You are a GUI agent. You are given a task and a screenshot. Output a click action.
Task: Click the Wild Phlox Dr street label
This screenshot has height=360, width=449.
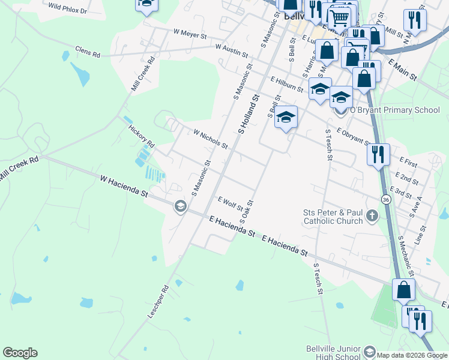coord(67,8)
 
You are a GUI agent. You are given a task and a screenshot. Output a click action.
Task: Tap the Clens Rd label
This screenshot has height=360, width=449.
coord(87,52)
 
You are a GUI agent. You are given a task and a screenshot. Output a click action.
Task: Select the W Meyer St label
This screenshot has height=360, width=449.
coord(189,32)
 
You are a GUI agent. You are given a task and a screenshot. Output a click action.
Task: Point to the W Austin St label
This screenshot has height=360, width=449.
coord(231,50)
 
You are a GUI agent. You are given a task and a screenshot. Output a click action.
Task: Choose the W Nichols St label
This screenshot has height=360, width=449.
coord(210,139)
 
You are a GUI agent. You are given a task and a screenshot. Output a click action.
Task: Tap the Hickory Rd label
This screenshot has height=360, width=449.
coord(142,137)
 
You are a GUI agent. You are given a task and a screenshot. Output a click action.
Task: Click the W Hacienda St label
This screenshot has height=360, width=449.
coord(124,187)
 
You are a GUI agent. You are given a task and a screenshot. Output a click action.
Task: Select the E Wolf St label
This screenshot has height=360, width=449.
coord(230,203)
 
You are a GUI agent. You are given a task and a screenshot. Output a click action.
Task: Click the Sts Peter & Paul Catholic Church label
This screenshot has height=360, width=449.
coord(333,216)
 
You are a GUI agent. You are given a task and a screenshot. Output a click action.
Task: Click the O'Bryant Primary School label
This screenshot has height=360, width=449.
coord(395,110)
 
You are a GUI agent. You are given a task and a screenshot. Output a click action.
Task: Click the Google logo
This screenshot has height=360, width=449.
coord(20,353)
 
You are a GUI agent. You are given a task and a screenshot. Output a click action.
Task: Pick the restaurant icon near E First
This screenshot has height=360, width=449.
coord(378,155)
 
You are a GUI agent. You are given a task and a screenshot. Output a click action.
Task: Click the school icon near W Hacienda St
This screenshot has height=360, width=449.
coord(179,207)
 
